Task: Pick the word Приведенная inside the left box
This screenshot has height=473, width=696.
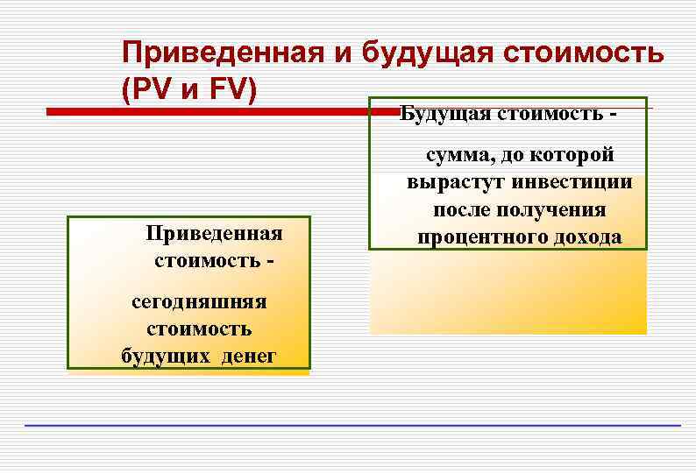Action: click(214, 234)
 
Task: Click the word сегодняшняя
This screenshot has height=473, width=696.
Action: click(199, 302)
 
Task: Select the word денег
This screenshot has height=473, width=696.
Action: click(246, 356)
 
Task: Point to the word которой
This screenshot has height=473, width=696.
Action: click(572, 155)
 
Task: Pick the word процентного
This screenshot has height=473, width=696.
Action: click(471, 237)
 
